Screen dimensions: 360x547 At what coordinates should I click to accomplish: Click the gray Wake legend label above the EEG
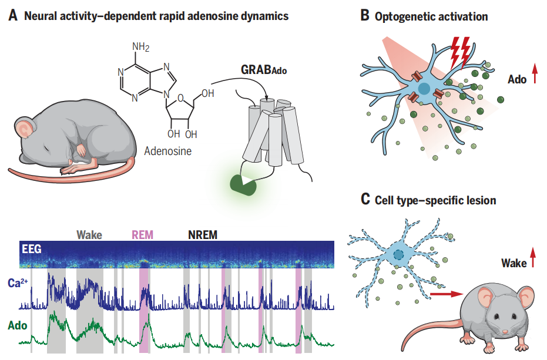click(x=89, y=235)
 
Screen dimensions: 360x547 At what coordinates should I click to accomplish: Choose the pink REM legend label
click(x=143, y=235)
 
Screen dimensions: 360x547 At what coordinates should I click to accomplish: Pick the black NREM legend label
click(x=202, y=235)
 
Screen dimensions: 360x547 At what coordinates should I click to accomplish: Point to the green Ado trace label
click(x=18, y=324)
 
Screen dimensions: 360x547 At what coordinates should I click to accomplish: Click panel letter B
click(x=365, y=16)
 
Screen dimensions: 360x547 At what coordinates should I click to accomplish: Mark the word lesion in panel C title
click(x=480, y=200)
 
